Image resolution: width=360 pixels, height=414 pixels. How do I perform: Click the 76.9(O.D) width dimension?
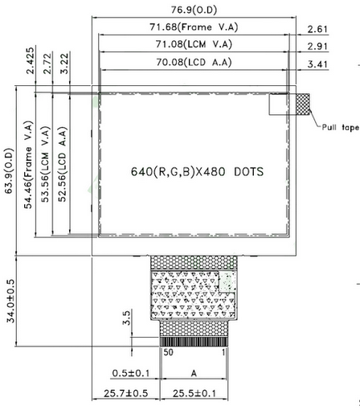pyautogui.click(x=197, y=10)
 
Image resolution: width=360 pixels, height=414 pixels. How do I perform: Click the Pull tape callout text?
pyautogui.click(x=339, y=127)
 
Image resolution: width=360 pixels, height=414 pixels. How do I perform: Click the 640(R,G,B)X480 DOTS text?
pyautogui.click(x=197, y=172)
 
